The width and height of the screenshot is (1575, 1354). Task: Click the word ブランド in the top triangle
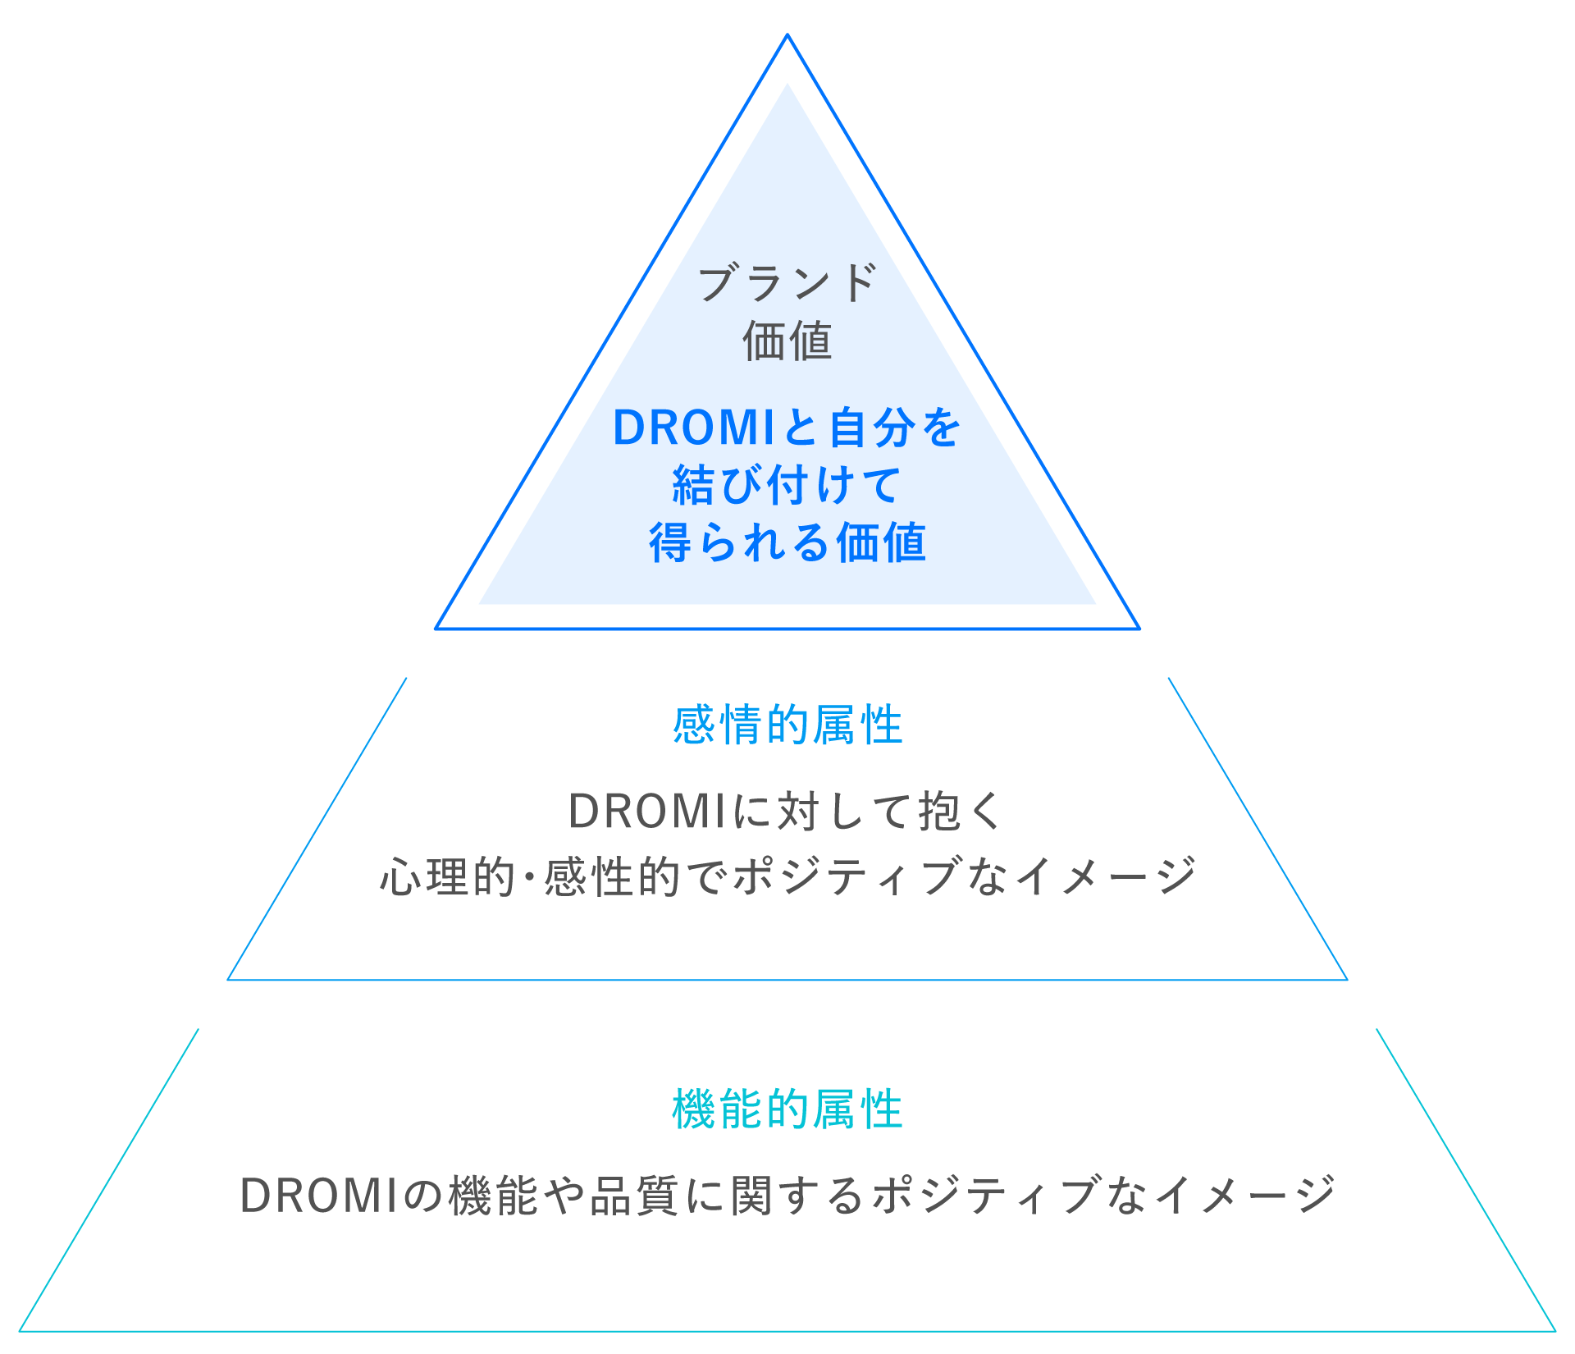coord(787,283)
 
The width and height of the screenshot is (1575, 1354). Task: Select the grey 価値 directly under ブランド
coord(787,341)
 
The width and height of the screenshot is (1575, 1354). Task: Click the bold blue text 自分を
coord(895,428)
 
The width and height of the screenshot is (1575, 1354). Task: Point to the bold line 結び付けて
coord(787,485)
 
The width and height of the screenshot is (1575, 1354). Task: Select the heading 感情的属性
coord(787,725)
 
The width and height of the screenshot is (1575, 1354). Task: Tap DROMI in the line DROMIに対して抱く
coord(646,812)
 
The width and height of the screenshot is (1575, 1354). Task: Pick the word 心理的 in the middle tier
coord(447,876)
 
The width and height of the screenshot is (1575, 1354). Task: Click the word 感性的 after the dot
coord(611,876)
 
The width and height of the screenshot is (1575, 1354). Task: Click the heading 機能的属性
coord(787,1110)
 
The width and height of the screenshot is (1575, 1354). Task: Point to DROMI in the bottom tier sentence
coord(318,1196)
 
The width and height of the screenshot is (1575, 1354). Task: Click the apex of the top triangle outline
coord(787,35)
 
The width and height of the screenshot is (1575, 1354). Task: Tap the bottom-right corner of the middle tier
coord(1346,979)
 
